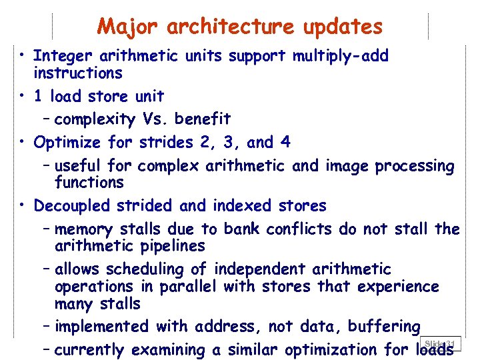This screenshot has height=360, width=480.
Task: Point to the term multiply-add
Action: [x=340, y=57]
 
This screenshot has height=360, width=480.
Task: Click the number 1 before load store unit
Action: [x=38, y=96]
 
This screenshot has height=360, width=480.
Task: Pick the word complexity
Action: [x=96, y=120]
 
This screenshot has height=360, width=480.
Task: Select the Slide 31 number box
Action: [x=441, y=343]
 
